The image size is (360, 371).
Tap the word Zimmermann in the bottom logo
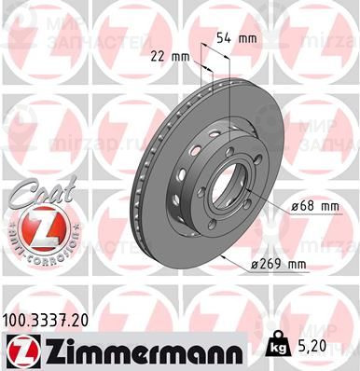click(x=140, y=350)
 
